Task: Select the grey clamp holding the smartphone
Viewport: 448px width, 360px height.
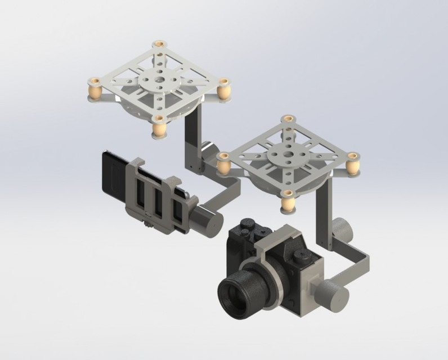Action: [x=152, y=194]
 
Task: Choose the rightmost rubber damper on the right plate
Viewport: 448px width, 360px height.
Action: [x=353, y=164]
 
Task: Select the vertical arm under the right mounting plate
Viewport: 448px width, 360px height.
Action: [x=326, y=214]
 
